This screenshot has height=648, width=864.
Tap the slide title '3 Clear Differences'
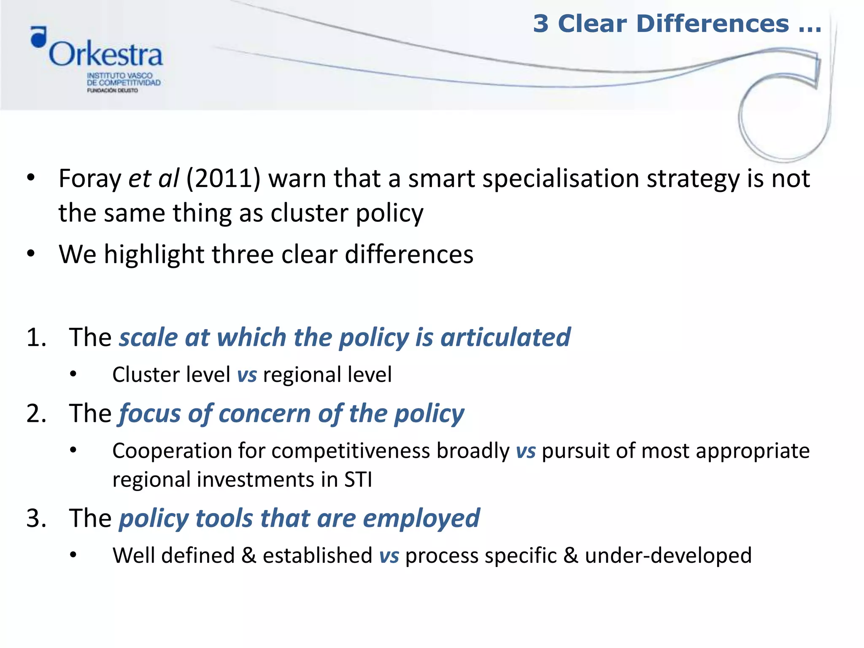[x=677, y=24]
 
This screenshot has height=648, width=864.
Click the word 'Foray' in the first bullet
[x=90, y=178]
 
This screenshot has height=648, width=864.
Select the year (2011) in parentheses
[x=223, y=178]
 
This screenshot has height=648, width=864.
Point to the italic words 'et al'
[x=154, y=178]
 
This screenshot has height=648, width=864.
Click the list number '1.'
[x=37, y=337]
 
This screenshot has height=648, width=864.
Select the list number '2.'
[x=37, y=413]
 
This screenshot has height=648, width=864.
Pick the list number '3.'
[x=37, y=518]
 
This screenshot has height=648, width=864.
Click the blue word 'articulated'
[x=505, y=337]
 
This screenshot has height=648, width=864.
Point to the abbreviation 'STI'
[x=358, y=480]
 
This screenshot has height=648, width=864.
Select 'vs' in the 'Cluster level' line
[x=247, y=375]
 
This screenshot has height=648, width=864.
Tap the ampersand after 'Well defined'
[x=249, y=556]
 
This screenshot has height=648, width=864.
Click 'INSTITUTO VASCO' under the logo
[x=119, y=76]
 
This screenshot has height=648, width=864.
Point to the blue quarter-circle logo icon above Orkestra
[x=39, y=37]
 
